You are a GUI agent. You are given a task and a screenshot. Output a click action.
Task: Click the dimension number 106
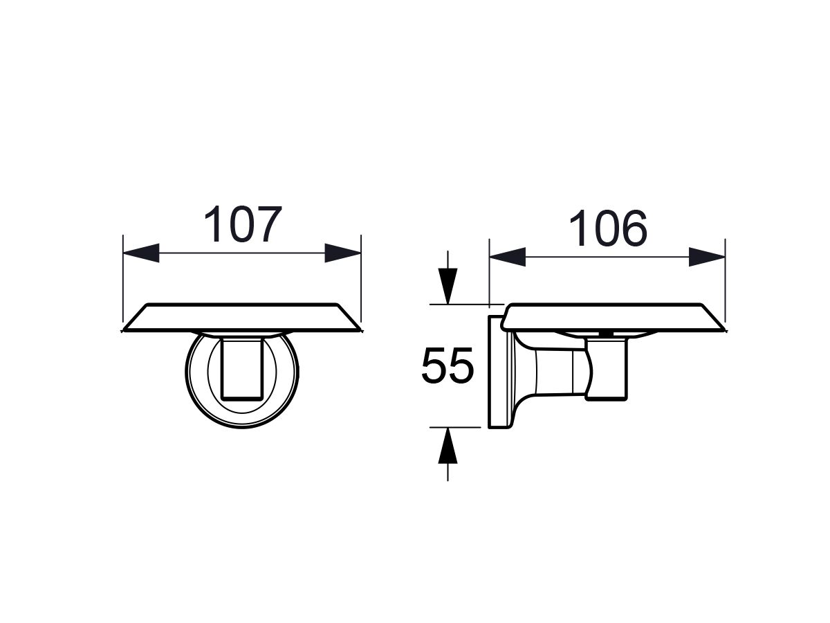click(x=608, y=228)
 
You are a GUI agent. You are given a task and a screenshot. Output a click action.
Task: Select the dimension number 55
click(x=448, y=365)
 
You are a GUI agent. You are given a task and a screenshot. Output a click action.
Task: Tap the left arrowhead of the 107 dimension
click(x=141, y=253)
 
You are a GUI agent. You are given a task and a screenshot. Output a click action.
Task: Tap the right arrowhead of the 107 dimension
click(x=342, y=253)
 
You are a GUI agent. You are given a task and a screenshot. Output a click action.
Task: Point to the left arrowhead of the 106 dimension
click(x=508, y=257)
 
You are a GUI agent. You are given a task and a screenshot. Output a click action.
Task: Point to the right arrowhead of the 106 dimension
click(x=707, y=257)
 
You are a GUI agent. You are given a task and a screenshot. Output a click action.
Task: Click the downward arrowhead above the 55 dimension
click(x=448, y=286)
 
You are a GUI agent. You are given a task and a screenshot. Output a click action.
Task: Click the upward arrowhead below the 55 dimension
click(x=448, y=446)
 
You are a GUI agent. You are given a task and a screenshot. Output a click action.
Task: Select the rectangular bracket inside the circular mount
click(x=242, y=369)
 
